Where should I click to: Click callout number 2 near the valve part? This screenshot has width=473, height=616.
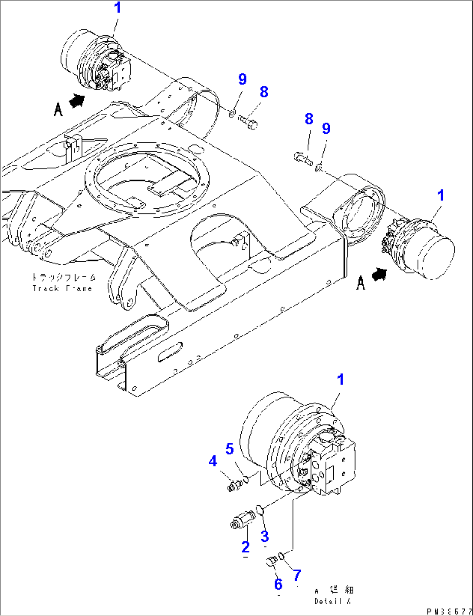pyautogui.click(x=246, y=547)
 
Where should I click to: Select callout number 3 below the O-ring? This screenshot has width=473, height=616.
pyautogui.click(x=265, y=536)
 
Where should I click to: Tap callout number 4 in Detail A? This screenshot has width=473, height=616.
pyautogui.click(x=213, y=461)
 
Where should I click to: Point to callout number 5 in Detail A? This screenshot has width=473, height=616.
pyautogui.click(x=230, y=449)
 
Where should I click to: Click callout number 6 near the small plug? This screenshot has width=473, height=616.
pyautogui.click(x=278, y=584)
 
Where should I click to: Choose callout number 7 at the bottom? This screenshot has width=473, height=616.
pyautogui.click(x=297, y=576)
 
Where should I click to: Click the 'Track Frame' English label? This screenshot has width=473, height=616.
pyautogui.click(x=62, y=288)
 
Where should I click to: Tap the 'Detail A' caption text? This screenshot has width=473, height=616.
pyautogui.click(x=332, y=601)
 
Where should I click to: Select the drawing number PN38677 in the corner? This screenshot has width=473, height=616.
pyautogui.click(x=449, y=611)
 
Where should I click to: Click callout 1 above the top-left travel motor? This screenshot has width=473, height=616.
pyautogui.click(x=117, y=8)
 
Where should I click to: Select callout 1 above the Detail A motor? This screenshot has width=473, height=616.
pyautogui.click(x=341, y=379)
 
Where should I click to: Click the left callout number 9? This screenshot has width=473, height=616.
pyautogui.click(x=242, y=79)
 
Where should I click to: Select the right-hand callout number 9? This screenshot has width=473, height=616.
pyautogui.click(x=326, y=128)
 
